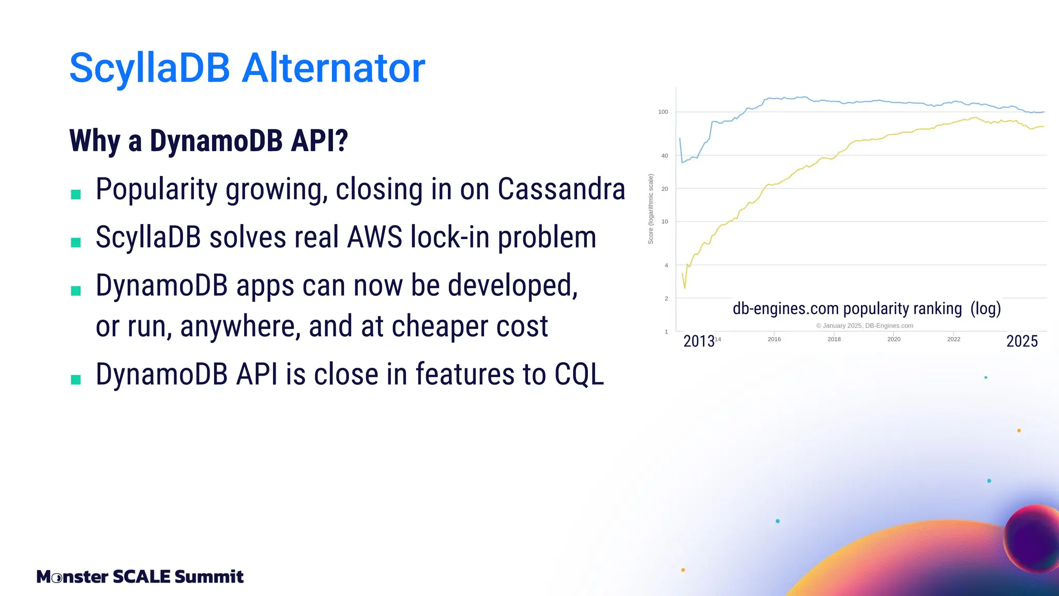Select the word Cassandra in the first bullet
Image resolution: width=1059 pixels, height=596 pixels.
pyautogui.click(x=561, y=189)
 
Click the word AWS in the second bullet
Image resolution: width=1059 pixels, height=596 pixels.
pyautogui.click(x=374, y=237)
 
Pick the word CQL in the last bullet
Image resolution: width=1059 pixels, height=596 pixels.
pyautogui.click(x=579, y=374)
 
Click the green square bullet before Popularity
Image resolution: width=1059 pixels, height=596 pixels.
pyautogui.click(x=76, y=195)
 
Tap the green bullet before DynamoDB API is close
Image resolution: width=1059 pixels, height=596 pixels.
pyautogui.click(x=76, y=380)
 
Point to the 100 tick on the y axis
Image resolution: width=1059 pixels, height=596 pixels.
pyautogui.click(x=663, y=112)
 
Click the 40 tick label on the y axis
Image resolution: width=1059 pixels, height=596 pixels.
pyautogui.click(x=664, y=156)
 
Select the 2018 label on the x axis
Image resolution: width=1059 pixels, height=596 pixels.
pyautogui.click(x=834, y=339)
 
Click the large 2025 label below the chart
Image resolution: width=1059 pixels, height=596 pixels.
pyautogui.click(x=1022, y=341)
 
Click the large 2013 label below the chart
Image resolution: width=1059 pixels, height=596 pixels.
pyautogui.click(x=699, y=341)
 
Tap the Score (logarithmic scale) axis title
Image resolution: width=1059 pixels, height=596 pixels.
pyautogui.click(x=651, y=209)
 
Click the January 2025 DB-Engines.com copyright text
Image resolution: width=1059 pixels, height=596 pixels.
pyautogui.click(x=865, y=326)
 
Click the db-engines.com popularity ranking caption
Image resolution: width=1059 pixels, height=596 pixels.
pyautogui.click(x=867, y=309)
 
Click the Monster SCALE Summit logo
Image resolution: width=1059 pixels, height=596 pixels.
pyautogui.click(x=140, y=576)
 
